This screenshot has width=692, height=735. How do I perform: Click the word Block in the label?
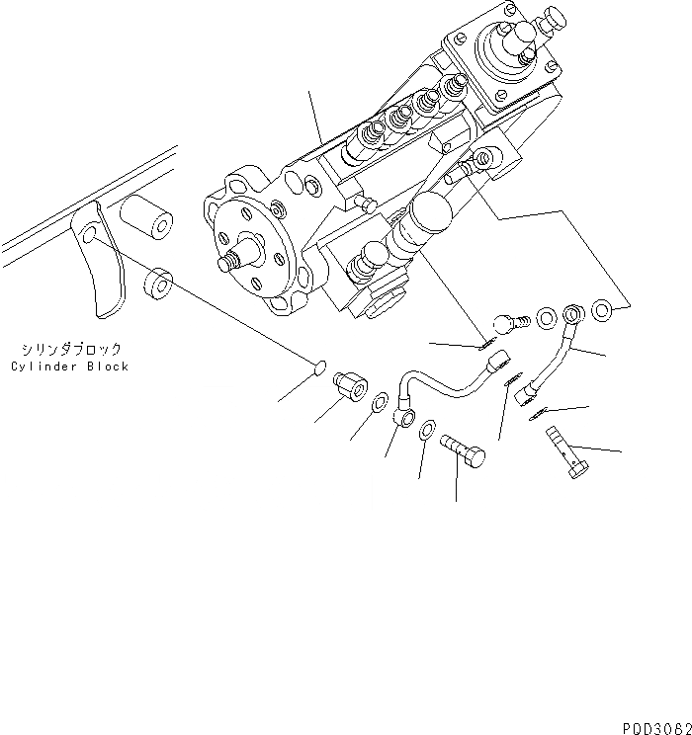point(108,367)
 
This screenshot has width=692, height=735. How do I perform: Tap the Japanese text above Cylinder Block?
point(70,349)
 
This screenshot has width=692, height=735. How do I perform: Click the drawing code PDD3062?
point(655,726)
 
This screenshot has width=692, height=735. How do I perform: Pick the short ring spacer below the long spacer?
point(157,285)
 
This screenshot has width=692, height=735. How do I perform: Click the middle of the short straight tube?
point(551,358)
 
